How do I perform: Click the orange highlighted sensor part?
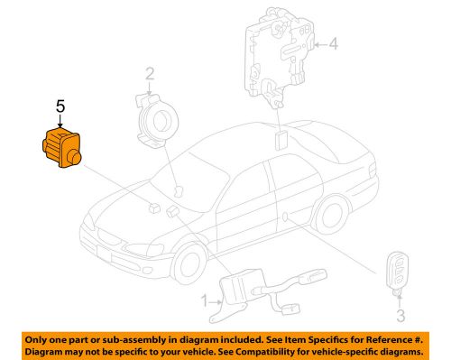click(59, 147)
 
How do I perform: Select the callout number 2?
click(151, 74)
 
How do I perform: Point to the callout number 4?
click(333, 42)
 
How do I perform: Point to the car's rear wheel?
click(333, 217)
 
